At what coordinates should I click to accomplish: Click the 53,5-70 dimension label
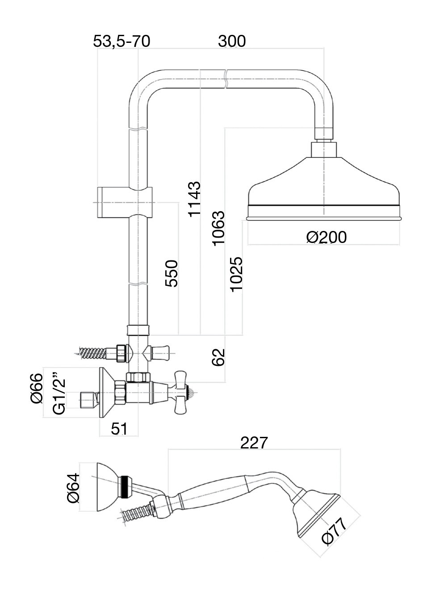(122, 41)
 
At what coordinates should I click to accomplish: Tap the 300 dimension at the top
(232, 41)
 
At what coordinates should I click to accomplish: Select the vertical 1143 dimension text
(194, 199)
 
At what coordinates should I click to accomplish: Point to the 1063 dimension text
(218, 228)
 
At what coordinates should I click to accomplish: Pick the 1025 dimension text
(236, 274)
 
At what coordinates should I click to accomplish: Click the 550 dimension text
(172, 273)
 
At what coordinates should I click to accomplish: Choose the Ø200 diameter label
(327, 237)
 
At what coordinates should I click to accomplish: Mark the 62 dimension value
(218, 357)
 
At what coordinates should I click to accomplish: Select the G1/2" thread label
(59, 393)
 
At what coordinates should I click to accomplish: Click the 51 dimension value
(119, 429)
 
